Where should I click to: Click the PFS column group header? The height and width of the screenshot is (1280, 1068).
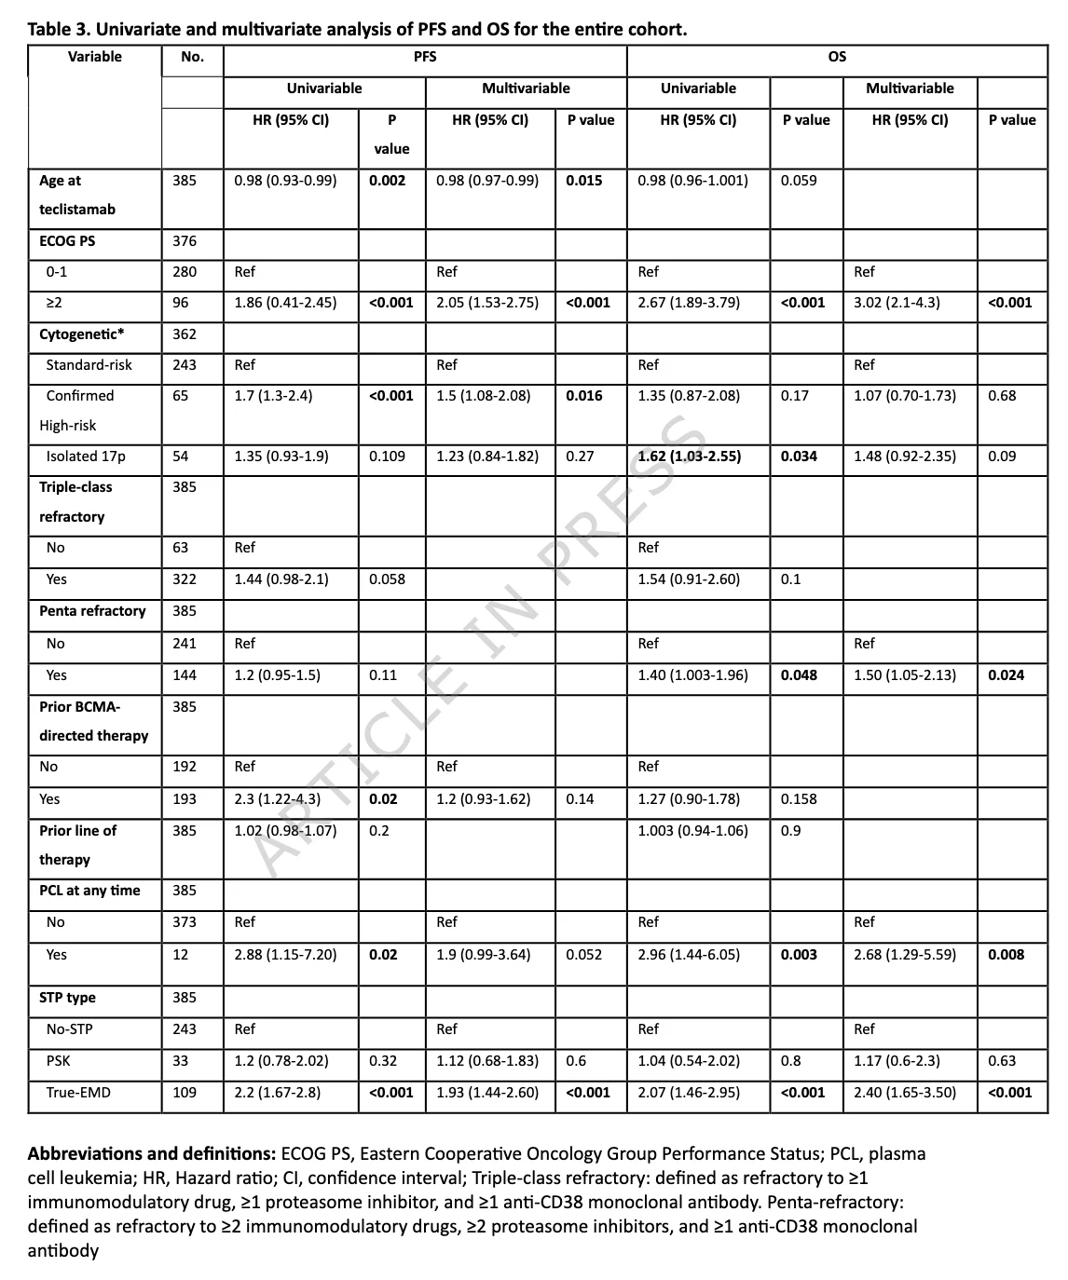(425, 57)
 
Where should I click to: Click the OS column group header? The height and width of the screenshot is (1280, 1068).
(837, 57)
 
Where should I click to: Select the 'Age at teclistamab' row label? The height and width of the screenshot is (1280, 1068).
(77, 195)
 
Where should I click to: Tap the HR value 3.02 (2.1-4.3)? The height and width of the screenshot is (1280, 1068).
(897, 303)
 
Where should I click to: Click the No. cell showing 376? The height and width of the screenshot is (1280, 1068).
(185, 241)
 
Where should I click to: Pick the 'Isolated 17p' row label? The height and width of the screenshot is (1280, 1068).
(86, 456)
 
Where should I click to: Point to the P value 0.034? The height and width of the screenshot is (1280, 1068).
(799, 456)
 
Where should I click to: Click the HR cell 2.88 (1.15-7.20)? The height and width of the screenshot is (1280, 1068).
(285, 955)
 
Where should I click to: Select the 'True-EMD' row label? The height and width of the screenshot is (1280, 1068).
(78, 1092)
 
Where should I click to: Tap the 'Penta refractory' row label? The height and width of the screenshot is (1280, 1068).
(92, 611)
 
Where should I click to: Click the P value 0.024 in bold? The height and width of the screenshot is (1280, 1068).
(1006, 675)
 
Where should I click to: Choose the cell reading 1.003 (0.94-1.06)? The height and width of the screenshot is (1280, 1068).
(692, 831)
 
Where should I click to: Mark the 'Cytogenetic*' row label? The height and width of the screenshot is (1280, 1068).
(82, 334)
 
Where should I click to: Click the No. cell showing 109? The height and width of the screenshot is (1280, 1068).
(185, 1092)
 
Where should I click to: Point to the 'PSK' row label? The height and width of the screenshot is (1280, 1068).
(58, 1061)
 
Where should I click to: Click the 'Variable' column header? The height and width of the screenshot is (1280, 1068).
(94, 57)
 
